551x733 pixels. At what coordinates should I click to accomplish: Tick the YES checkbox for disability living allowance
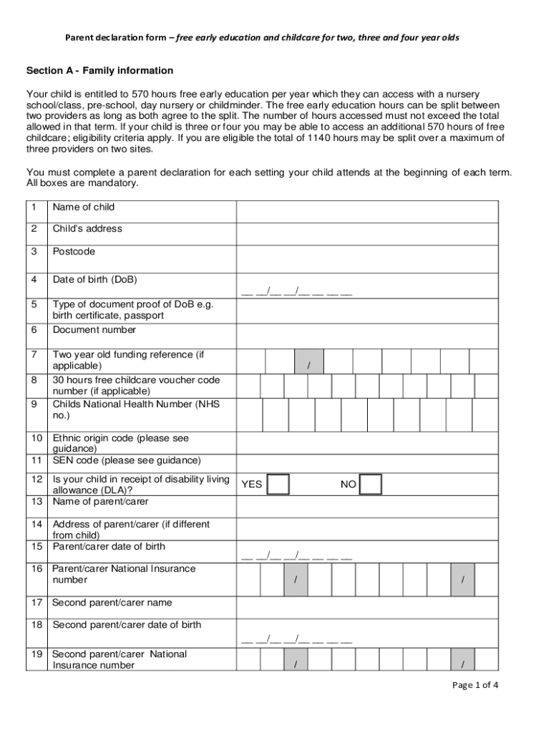click(278, 485)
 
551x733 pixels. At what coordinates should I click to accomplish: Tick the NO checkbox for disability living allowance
click(370, 485)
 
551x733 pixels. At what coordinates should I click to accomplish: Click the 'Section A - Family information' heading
click(99, 71)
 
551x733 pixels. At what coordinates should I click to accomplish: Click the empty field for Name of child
click(367, 211)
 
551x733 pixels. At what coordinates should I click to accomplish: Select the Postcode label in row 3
click(74, 252)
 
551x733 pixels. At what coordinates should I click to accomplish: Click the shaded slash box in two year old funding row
click(308, 361)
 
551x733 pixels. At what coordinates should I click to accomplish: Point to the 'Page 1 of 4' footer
click(475, 685)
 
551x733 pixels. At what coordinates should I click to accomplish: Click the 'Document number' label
click(94, 330)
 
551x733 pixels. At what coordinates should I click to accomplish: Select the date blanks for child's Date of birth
click(296, 291)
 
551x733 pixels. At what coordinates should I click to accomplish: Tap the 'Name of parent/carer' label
click(100, 502)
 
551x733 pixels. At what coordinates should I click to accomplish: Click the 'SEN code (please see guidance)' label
click(127, 460)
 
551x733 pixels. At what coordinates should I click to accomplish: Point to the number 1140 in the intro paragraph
click(318, 138)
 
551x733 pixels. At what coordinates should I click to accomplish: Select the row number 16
click(36, 568)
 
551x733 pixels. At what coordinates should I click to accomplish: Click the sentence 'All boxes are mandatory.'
click(82, 183)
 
